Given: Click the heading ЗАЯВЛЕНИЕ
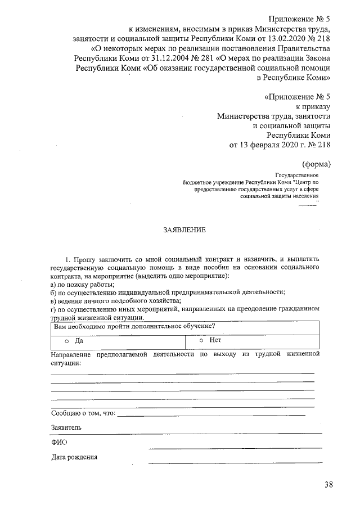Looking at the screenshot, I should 184,230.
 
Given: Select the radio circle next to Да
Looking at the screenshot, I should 66,341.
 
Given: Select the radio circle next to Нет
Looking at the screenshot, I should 201,340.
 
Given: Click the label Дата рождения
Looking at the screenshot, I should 74,457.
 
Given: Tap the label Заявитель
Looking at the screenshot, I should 66,427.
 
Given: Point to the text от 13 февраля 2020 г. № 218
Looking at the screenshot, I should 280,145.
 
